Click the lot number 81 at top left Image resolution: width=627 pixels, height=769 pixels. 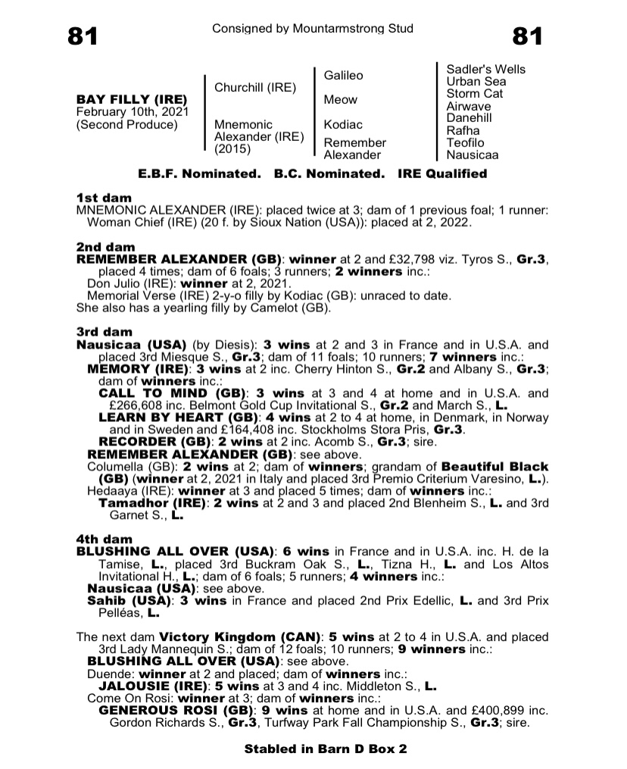[83, 36]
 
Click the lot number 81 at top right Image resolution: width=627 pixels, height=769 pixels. [528, 36]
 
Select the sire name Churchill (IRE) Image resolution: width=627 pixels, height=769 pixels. [255, 88]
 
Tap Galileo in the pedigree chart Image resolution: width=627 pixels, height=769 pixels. [343, 76]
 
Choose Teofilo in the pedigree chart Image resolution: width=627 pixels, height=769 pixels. [465, 143]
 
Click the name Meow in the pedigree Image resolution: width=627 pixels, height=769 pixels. [340, 100]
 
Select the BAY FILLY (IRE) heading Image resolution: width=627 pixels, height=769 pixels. [132, 100]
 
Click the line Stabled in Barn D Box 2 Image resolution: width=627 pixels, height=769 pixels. [326, 749]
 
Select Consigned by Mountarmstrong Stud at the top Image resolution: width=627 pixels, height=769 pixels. [313, 29]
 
